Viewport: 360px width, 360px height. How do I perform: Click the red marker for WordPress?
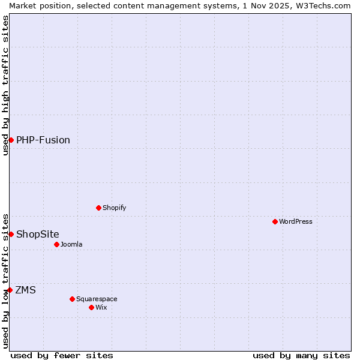275,221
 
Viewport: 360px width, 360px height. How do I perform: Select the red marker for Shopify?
99,208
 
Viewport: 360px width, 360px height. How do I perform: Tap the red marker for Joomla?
57,244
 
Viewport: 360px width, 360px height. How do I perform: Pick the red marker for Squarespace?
73,299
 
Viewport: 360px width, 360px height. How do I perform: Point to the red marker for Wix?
92,307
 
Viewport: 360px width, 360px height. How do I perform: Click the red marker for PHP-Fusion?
11,140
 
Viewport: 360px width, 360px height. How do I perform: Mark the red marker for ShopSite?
11,234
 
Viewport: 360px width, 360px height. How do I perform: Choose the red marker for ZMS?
10,290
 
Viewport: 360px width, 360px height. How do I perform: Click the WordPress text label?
296,221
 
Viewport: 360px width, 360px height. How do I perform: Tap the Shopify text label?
114,208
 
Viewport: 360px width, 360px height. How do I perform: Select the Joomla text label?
71,244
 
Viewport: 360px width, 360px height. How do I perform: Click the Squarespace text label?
97,299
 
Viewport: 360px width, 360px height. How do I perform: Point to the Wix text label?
101,307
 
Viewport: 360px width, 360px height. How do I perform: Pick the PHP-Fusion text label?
43,140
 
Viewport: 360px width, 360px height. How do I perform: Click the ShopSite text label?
38,234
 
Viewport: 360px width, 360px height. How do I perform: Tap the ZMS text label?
25,290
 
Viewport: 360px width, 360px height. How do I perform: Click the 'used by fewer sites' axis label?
62,355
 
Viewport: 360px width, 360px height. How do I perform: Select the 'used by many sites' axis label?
301,355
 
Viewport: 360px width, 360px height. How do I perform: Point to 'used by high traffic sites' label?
5,85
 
